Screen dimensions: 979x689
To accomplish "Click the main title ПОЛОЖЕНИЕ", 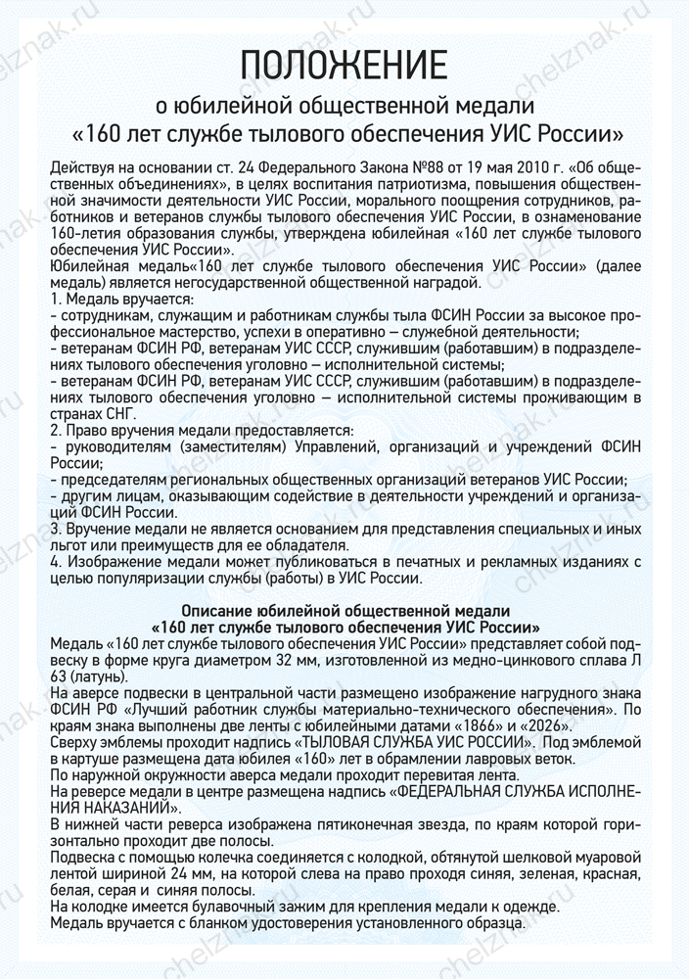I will point(344,66).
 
